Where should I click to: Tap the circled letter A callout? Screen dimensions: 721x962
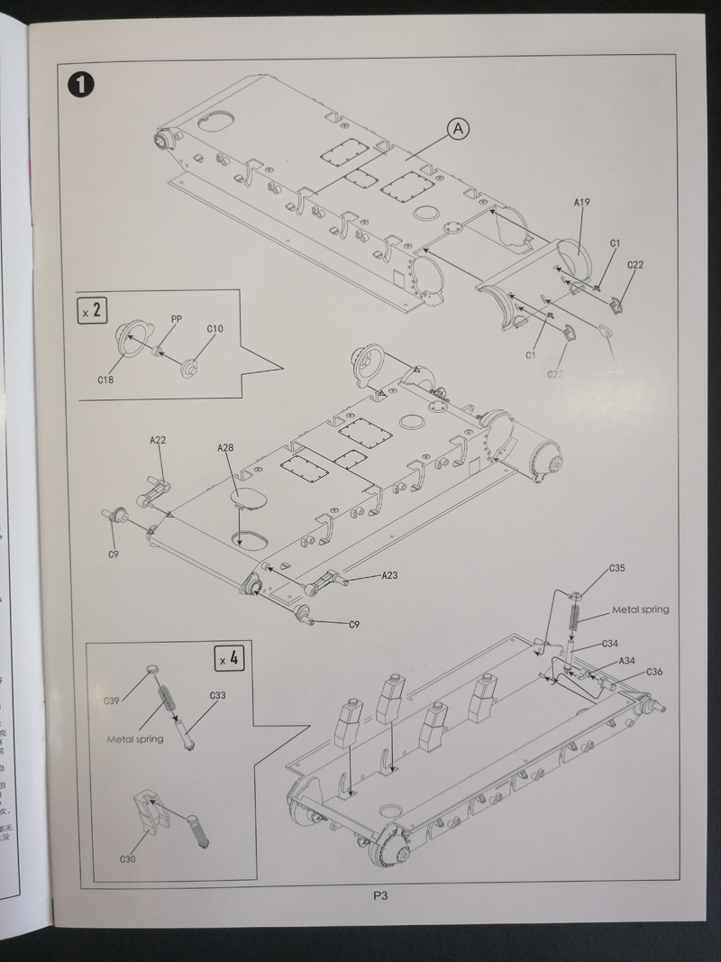457,130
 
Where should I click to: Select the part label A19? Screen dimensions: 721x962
581,203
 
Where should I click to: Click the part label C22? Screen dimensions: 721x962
635,264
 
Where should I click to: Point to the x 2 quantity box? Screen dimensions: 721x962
91,312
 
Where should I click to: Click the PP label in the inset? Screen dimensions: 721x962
177,318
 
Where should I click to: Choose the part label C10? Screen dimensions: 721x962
214,329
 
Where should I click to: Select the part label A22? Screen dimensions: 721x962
158,440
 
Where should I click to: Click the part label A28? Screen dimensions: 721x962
225,448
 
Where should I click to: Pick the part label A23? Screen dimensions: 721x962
389,574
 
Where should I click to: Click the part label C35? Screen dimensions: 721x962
617,568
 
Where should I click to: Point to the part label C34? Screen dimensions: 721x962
610,645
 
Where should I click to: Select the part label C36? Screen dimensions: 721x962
655,672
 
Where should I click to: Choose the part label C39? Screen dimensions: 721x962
111,701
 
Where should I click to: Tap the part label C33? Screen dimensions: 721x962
217,695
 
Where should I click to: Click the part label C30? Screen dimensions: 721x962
127,859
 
